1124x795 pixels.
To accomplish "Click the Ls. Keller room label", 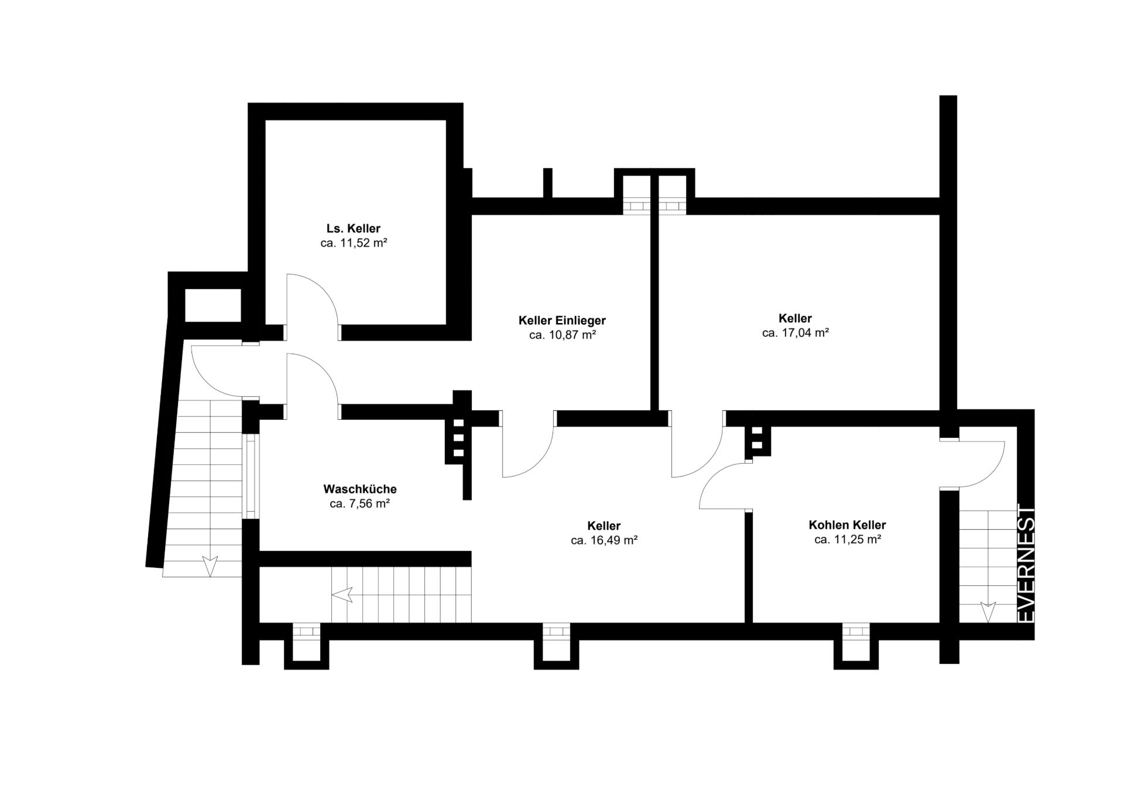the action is [x=353, y=228].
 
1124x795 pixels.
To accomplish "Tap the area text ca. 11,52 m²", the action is [x=354, y=243].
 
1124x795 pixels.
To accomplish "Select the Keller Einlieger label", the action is [x=562, y=320].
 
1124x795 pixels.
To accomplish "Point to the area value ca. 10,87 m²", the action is [x=562, y=335].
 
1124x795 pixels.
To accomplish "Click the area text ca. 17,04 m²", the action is [x=795, y=333].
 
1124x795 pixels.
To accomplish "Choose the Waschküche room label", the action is [x=360, y=489].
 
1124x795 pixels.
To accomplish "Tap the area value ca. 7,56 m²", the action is [x=360, y=503].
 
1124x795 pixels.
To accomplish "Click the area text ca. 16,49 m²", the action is [x=604, y=540].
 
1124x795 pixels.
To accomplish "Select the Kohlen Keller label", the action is [x=847, y=525].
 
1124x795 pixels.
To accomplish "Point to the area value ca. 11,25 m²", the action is [x=847, y=540].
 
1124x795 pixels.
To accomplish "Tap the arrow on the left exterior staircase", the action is [x=210, y=566].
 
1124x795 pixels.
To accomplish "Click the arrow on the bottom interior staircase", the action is [x=342, y=595].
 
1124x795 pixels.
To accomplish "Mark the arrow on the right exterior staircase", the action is [x=988, y=612].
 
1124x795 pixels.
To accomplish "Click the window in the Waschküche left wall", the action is [x=251, y=476].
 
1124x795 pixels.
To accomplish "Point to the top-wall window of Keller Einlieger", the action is [x=636, y=206].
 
